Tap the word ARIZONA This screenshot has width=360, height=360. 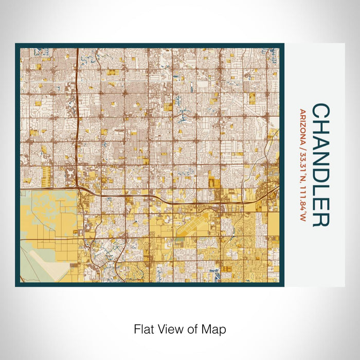(302, 125)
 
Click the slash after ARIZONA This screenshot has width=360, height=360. (302, 146)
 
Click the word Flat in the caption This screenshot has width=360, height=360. (144, 329)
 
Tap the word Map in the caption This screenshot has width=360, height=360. (215, 329)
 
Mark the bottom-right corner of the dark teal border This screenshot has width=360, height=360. (283, 286)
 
